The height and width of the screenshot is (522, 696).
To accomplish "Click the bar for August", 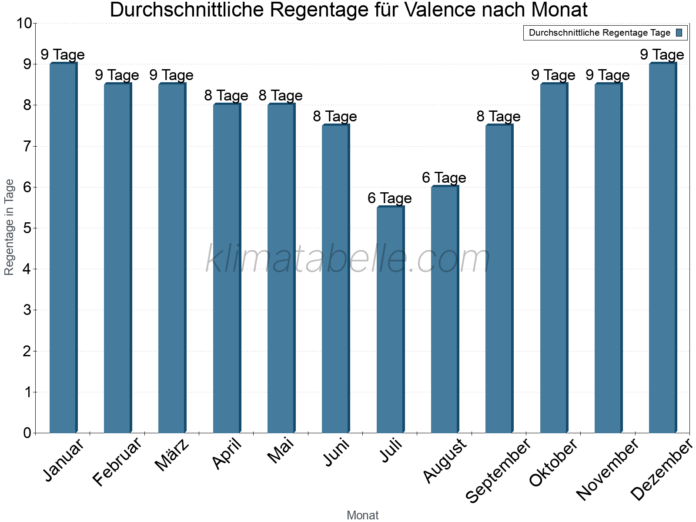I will [445, 309].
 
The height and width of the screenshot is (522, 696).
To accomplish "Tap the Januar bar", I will [63, 248].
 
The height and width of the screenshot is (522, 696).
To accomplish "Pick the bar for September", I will [499, 279].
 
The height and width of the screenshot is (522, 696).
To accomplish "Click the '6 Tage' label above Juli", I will [389, 198].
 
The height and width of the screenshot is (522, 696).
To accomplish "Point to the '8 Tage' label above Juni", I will [335, 117].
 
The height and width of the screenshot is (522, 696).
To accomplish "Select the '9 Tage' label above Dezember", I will [662, 55].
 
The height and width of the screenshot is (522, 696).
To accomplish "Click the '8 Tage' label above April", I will [226, 96].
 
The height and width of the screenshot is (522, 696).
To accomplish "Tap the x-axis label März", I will [172, 455].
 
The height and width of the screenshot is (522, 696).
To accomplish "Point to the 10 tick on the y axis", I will [24, 23].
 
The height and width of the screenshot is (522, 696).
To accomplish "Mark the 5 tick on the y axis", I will [27, 228].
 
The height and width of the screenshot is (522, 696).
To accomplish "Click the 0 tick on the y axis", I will [27, 433].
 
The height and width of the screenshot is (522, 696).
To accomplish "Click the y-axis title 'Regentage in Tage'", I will [10, 227].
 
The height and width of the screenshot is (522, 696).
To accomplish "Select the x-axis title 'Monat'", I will [362, 515].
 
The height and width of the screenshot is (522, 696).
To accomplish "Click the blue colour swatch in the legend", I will [679, 33].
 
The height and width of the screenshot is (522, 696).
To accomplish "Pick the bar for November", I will [608, 258].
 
